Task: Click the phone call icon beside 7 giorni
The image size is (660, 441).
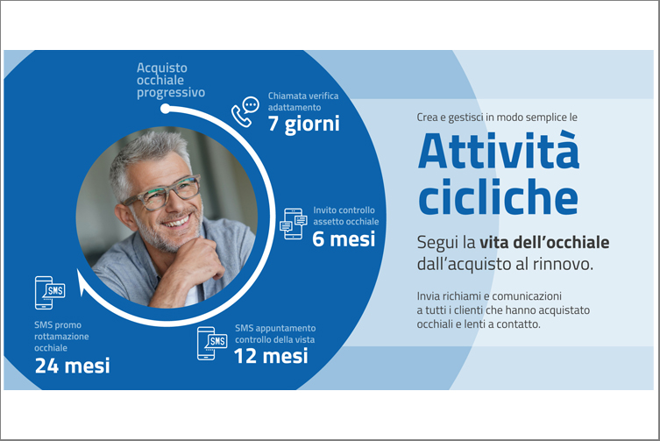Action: pos(245,111)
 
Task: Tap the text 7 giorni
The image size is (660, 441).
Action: pos(303,124)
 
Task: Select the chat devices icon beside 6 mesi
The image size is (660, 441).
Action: pos(294,224)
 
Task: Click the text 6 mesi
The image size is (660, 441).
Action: pos(344,239)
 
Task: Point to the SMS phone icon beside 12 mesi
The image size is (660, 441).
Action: pos(212,344)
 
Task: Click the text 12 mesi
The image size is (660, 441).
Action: pos(271,356)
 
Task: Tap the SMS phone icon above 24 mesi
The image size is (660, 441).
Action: pos(50,293)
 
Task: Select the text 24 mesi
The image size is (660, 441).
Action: pos(73,366)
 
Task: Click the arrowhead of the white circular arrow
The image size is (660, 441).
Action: pos(82,281)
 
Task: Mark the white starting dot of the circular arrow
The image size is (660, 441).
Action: pos(166,109)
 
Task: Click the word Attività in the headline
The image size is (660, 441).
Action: pos(499,151)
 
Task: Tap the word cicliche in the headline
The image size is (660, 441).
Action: pos(498,196)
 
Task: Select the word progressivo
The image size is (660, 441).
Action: pos(171,93)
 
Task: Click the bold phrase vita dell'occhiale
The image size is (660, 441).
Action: pos(544,243)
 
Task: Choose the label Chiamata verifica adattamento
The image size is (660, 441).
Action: pos(303,102)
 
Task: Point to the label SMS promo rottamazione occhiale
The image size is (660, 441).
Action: pos(61,337)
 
